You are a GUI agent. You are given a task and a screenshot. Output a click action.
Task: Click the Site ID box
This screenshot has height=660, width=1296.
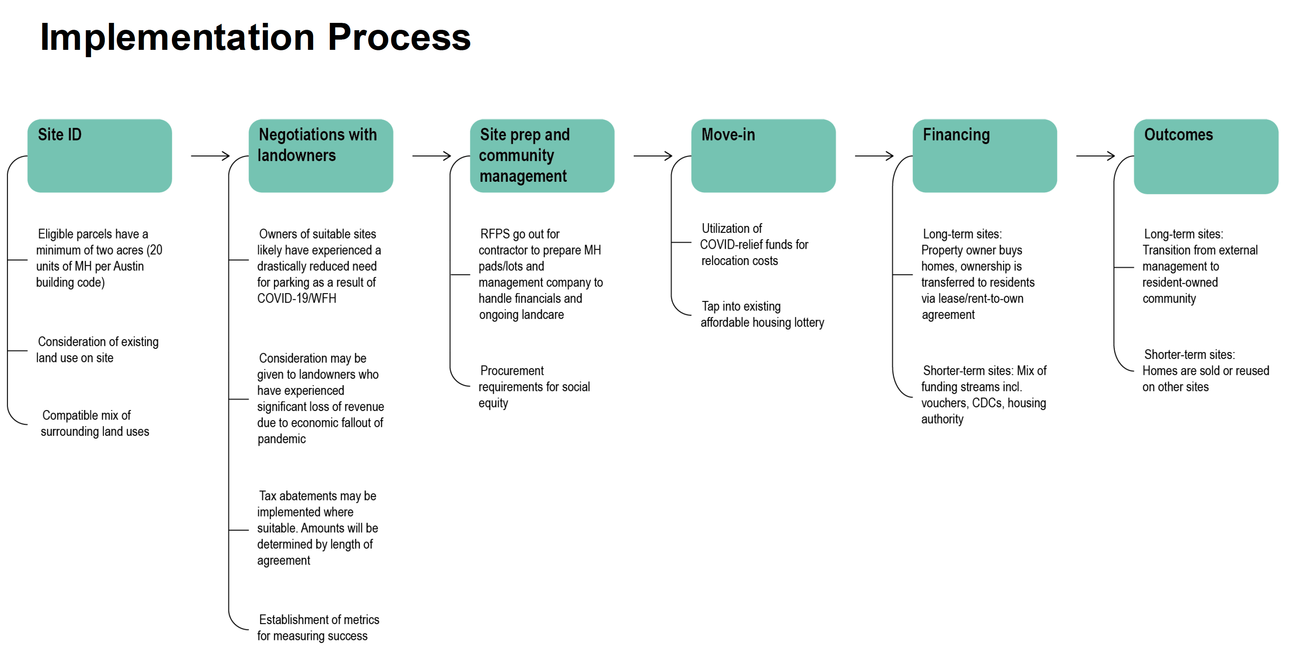coord(100,156)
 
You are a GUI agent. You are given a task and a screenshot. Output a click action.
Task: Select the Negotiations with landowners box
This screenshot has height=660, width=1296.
coord(321,156)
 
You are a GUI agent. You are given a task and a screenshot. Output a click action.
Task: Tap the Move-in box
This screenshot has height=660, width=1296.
coord(764,156)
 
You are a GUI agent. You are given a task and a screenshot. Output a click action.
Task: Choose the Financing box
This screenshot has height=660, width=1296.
coord(985,156)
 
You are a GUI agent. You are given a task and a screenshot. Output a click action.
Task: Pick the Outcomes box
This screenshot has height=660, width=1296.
coord(1207,156)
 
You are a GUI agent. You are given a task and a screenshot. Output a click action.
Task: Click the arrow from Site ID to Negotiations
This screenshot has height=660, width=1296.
coord(210,156)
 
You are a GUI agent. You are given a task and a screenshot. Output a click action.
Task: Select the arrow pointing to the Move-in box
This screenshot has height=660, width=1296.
coord(653,156)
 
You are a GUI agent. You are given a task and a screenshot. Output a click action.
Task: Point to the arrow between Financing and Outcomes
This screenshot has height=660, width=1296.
coord(1096,156)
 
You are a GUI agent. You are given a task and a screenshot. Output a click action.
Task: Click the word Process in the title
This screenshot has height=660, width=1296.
coord(399,37)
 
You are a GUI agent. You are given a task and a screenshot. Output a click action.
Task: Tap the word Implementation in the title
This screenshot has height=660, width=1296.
coord(178,37)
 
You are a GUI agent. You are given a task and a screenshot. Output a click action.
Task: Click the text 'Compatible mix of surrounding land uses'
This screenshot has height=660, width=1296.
coord(95,423)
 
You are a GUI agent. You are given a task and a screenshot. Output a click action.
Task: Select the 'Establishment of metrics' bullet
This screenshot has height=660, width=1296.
coord(318,627)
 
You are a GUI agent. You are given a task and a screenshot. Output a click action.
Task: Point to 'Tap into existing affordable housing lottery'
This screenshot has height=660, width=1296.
coord(762,314)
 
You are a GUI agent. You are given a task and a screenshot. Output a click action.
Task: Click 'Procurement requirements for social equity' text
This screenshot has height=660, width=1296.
coord(534,386)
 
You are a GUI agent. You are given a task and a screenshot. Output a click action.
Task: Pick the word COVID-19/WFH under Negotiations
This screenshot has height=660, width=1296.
coord(297,298)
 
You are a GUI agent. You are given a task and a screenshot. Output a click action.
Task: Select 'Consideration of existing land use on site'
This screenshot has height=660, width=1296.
coord(98,350)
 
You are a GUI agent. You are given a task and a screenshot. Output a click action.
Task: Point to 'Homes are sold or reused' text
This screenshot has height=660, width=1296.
coord(1205,371)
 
